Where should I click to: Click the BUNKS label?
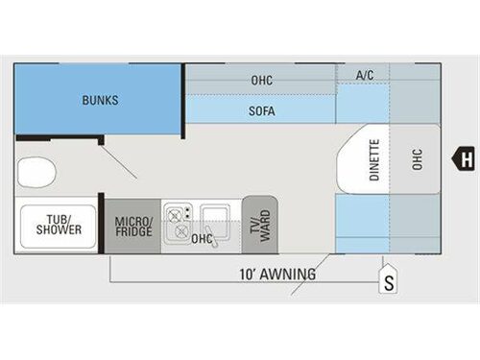pos(100,100)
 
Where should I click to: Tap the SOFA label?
pos(261,111)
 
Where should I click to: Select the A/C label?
pos(365,75)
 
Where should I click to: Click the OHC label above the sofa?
pos(261,81)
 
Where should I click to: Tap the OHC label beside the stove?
pos(202,238)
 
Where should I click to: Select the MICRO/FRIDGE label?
pos(132,228)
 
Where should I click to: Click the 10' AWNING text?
pos(277,275)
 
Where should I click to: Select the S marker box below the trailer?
pos(389,283)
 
